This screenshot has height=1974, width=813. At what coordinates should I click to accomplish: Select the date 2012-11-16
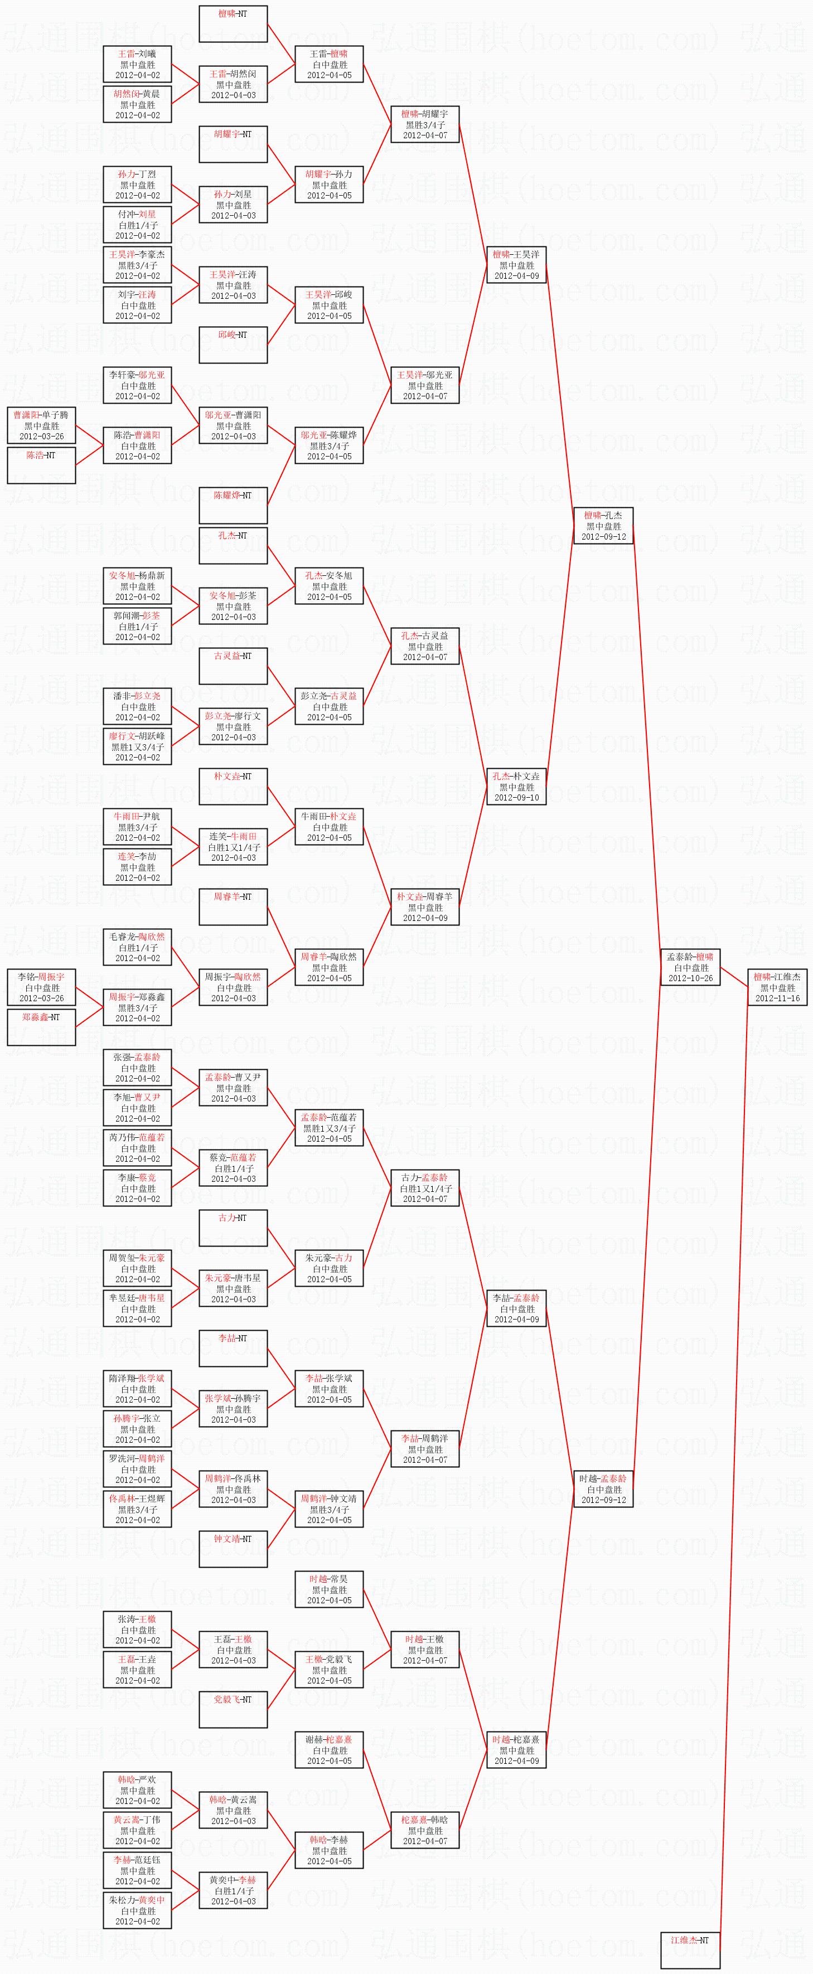[x=777, y=998]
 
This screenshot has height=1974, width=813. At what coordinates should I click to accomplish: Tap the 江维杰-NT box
[x=690, y=1949]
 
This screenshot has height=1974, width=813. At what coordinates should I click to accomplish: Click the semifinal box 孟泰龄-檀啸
[x=690, y=967]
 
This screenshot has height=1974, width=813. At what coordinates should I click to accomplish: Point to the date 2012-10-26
[x=690, y=978]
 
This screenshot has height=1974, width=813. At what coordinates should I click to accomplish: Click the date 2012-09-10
[x=516, y=797]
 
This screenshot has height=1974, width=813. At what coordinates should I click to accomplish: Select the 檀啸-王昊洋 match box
[x=516, y=264]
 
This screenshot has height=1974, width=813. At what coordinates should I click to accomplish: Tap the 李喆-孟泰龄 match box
[x=516, y=1308]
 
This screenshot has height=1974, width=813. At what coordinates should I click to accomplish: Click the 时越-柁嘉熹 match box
[x=516, y=1749]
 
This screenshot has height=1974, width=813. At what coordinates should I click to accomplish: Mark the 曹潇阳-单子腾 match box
[x=41, y=425]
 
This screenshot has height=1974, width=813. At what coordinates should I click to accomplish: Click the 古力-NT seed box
[x=233, y=1228]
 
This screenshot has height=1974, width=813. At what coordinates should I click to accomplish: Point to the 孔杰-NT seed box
[x=233, y=546]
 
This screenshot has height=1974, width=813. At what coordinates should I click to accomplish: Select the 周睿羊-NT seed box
[x=233, y=906]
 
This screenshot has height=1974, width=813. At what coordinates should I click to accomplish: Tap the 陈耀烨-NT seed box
[x=233, y=506]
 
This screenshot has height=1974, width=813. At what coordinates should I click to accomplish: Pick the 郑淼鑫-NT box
[x=41, y=1027]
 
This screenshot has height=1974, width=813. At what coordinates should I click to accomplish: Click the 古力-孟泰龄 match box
[x=424, y=1188]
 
